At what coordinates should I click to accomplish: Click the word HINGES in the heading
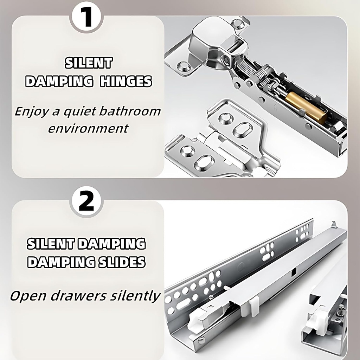click(126, 82)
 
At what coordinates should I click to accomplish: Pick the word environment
click(88, 128)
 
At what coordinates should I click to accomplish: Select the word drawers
click(78, 296)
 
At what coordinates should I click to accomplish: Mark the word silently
click(135, 296)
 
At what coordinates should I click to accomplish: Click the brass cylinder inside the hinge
click(306, 108)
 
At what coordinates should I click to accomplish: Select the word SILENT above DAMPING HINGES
click(88, 63)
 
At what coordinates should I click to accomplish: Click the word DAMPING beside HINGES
click(59, 82)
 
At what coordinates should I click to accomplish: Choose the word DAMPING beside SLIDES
click(56, 262)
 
